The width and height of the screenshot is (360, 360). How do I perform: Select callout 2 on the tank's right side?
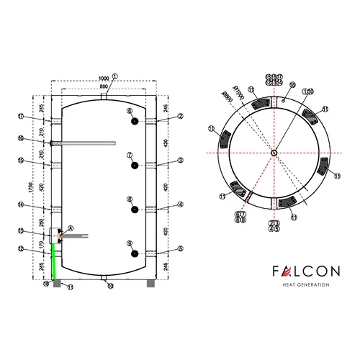point(181,115)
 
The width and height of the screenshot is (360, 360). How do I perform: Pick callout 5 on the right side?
point(181,250)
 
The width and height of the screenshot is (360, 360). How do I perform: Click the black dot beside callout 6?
point(135,122)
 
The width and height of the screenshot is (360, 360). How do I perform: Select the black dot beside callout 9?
point(135,253)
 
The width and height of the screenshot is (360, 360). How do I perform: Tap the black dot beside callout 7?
point(135,166)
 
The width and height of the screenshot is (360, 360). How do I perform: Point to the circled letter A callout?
point(70,227)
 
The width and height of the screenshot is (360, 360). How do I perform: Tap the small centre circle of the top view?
point(274,153)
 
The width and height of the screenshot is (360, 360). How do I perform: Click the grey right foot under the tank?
point(150,281)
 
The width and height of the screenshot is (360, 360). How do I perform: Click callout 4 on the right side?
point(181,205)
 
